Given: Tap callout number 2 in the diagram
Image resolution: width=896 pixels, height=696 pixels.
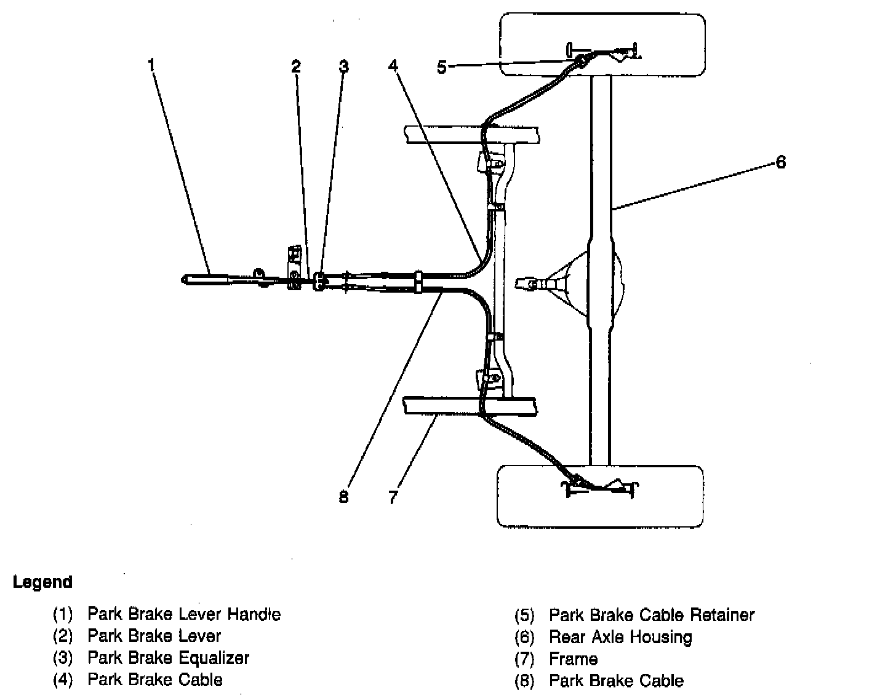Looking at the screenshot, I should [x=297, y=66].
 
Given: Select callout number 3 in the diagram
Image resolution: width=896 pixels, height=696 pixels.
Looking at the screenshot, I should [x=343, y=66].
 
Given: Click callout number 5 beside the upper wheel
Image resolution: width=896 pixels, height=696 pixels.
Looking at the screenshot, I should [x=442, y=67].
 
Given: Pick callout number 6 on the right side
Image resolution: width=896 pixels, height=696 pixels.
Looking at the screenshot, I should [x=780, y=162].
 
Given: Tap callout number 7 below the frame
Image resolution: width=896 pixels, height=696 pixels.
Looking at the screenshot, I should [x=393, y=497].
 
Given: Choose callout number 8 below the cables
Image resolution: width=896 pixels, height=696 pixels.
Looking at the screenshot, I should [x=343, y=497].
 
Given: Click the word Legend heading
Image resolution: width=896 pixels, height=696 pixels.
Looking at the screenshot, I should [x=42, y=582].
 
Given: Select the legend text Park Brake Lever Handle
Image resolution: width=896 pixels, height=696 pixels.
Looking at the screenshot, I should [x=184, y=614].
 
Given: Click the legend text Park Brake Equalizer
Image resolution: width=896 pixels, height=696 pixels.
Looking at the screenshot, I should [x=168, y=658].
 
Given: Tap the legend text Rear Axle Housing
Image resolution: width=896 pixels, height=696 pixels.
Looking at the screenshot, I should [x=620, y=637].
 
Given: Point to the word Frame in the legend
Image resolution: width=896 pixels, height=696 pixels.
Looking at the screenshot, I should [x=573, y=659].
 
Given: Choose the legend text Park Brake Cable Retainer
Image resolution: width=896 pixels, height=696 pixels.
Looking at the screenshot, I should [x=652, y=615].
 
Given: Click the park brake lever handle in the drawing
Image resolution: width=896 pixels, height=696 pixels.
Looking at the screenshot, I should [x=206, y=279].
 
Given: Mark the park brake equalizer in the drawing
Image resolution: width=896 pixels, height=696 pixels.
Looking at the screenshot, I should [x=318, y=281].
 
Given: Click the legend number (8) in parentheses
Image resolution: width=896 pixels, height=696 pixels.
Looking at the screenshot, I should [x=524, y=681].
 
